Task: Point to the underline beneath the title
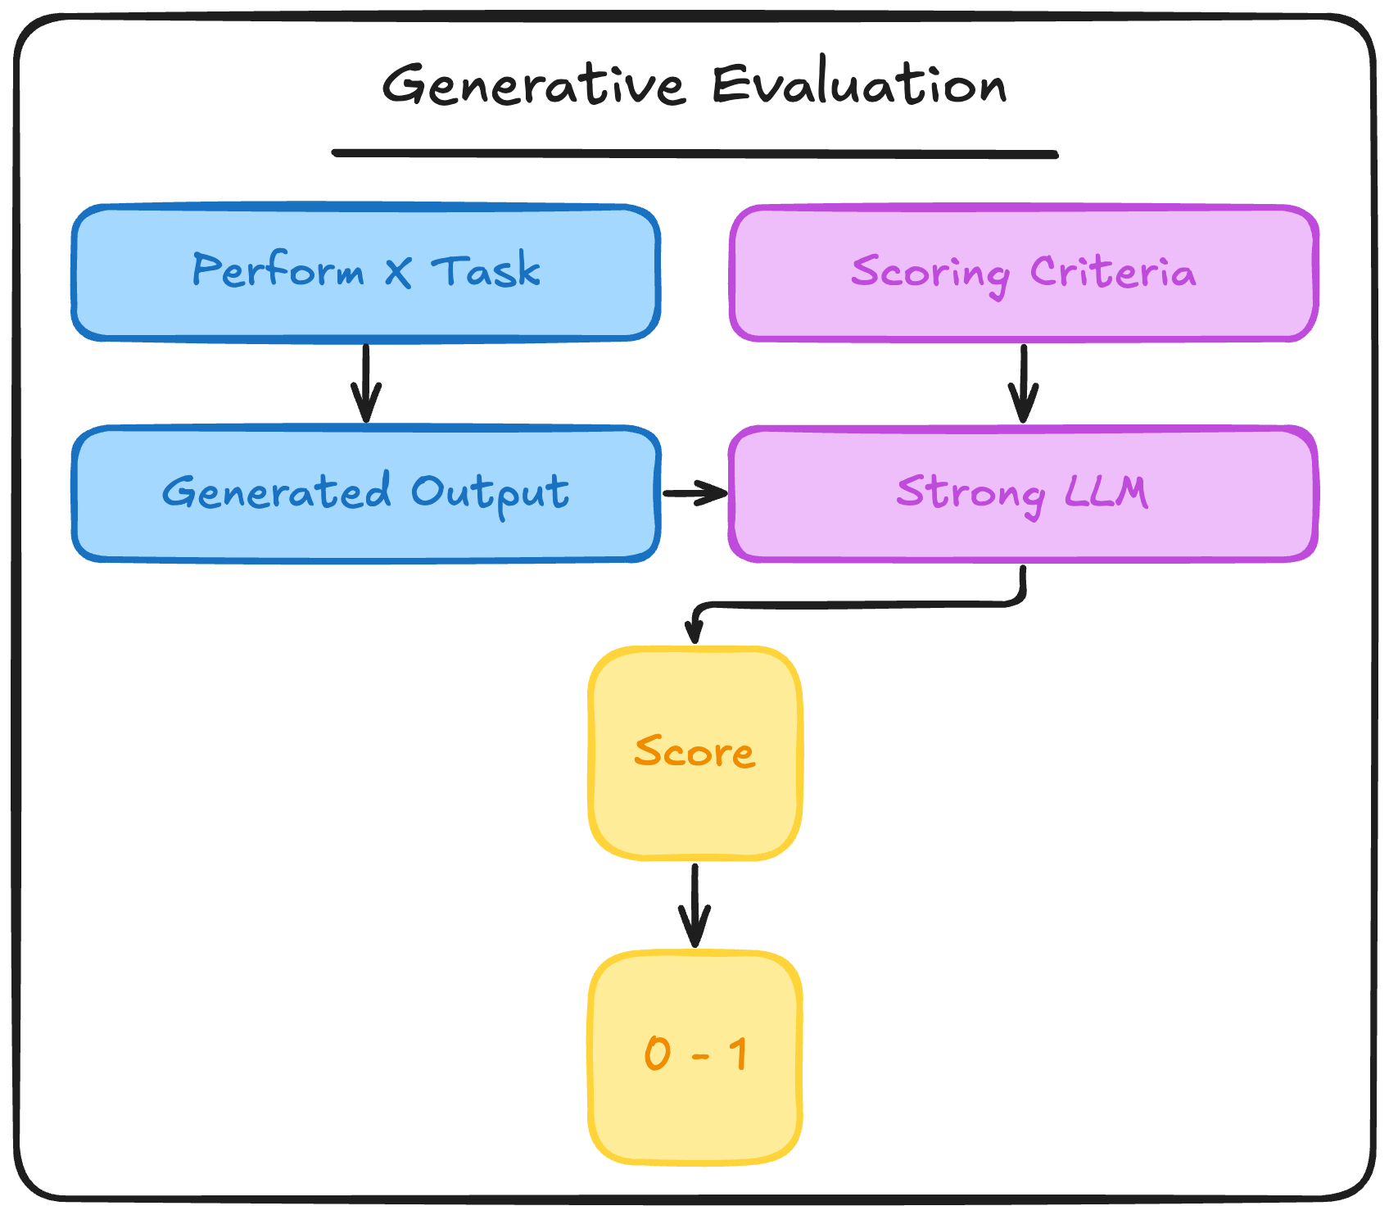pos(694,153)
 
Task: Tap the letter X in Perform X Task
pos(398,271)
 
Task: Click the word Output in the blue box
pos(490,493)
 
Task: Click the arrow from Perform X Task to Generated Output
pos(366,383)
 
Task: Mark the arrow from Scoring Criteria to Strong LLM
pos(1023,383)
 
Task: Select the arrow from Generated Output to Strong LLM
pos(694,493)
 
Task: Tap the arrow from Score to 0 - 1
pos(694,905)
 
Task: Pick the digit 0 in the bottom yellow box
pos(658,1053)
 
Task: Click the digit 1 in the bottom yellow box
pos(738,1053)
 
